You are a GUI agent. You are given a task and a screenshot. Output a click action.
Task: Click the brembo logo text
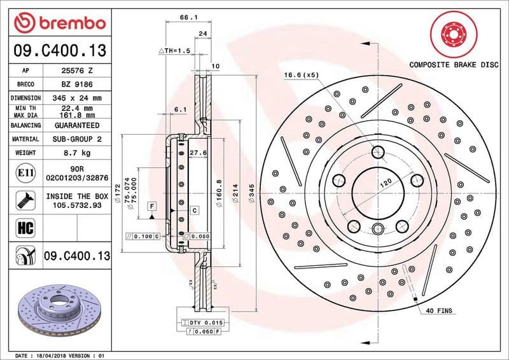(69, 24)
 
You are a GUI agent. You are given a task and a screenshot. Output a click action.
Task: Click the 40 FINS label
(438, 310)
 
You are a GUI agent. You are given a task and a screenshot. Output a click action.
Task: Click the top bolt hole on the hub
(379, 152)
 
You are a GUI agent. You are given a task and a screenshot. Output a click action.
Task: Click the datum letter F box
(152, 205)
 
